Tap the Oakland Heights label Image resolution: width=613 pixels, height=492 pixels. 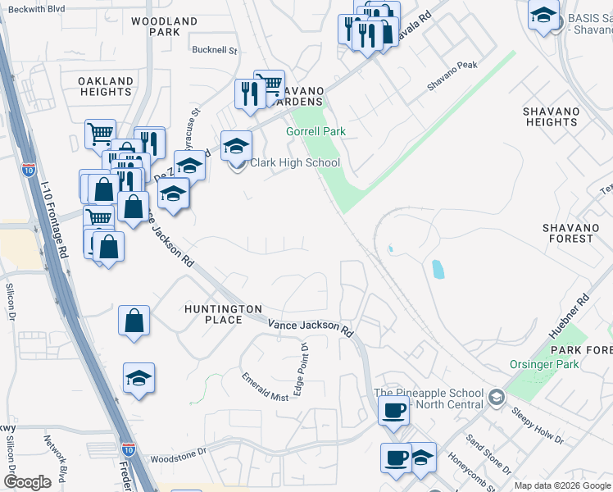(x=106, y=86)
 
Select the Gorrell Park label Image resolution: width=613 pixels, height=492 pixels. (x=316, y=131)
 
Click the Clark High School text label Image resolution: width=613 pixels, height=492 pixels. (x=295, y=162)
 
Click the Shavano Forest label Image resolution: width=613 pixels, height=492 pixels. (x=567, y=232)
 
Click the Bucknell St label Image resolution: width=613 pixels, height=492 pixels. (x=214, y=50)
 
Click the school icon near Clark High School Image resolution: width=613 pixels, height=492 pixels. (x=236, y=147)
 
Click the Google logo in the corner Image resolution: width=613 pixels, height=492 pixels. (x=27, y=482)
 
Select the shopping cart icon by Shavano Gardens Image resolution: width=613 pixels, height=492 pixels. (x=268, y=84)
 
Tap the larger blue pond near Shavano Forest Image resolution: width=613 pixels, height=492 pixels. (x=437, y=269)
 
